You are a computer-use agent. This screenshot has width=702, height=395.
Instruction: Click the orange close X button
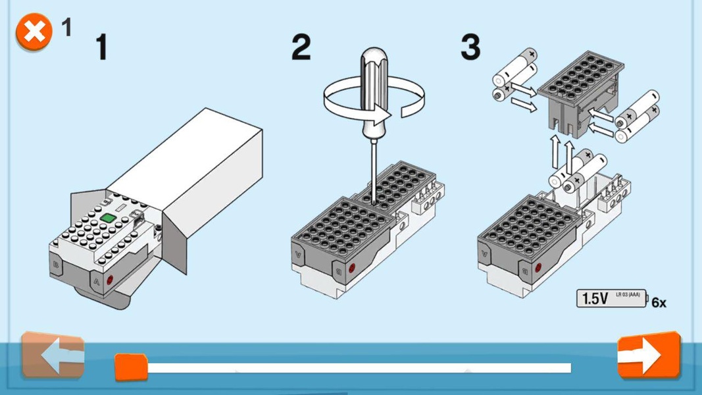(34, 32)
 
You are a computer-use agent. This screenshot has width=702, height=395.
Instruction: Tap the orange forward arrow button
(649, 355)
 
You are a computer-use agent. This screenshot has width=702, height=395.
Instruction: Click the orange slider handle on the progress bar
(131, 367)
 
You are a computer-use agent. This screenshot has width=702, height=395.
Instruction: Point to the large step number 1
(102, 47)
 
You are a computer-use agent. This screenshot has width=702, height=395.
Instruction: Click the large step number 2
(301, 47)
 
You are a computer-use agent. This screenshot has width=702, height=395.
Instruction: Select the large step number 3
(470, 47)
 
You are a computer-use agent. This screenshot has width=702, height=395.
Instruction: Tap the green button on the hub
(109, 218)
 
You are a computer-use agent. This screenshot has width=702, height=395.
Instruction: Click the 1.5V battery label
(612, 298)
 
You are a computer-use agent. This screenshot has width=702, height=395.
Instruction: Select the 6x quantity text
(659, 303)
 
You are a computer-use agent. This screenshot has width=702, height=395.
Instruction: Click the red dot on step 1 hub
(110, 279)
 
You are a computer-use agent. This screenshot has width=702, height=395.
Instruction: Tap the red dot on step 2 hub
(352, 268)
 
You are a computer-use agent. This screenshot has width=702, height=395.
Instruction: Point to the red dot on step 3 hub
(538, 268)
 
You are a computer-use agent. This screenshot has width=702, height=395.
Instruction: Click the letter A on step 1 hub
(97, 282)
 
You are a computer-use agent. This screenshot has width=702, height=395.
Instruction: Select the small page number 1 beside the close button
(66, 27)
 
